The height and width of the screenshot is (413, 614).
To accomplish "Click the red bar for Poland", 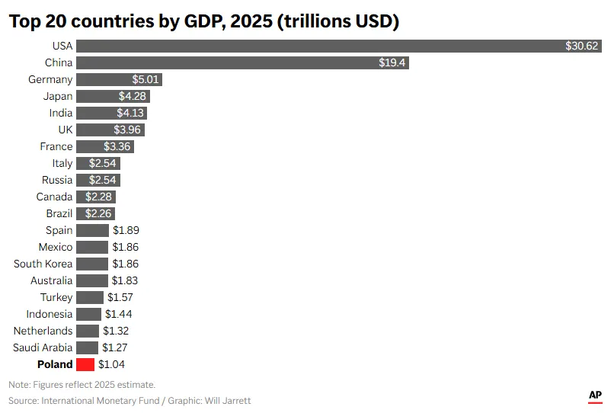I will click(x=85, y=364).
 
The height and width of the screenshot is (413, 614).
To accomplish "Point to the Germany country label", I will click(x=50, y=79).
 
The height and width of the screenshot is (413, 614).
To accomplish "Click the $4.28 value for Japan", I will click(x=133, y=96).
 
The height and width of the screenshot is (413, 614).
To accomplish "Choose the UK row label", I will click(x=65, y=130).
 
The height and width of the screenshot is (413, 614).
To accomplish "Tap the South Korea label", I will click(x=43, y=264).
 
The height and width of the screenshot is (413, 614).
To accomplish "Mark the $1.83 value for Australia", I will click(x=126, y=280).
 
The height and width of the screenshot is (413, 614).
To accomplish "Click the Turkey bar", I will click(x=90, y=297).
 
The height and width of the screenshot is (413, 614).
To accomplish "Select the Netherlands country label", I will click(x=43, y=331).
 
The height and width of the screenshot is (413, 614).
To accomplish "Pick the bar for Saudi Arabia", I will click(x=87, y=347).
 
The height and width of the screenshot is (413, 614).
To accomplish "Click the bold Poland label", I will click(x=55, y=364).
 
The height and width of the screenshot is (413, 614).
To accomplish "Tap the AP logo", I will click(x=595, y=395).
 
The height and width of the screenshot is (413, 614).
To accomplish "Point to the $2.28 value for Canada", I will click(x=98, y=197).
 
